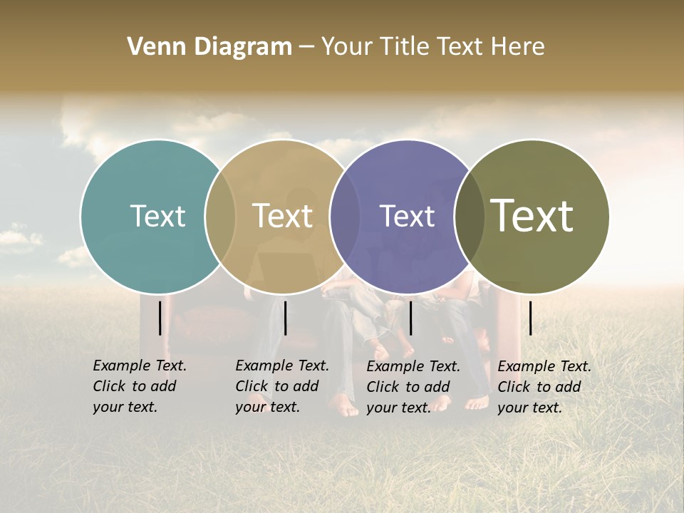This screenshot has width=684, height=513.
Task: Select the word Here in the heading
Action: coord(518,47)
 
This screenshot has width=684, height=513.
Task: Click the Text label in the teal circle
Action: coord(157,216)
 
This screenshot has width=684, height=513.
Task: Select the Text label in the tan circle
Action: coord(283,216)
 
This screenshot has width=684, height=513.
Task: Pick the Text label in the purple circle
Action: coord(407,216)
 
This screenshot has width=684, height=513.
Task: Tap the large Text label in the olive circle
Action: coord(532,215)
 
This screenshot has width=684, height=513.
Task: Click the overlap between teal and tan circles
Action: coord(220,217)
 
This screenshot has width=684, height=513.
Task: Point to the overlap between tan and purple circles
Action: coord(345,217)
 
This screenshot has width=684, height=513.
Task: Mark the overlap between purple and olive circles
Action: coord(470,217)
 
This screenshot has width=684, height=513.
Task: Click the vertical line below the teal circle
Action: coord(160,318)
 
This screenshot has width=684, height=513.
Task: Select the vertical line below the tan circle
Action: coord(285,318)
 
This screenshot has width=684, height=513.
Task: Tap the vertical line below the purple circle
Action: coord(410,318)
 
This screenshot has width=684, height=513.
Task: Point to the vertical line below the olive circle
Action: coord(530,318)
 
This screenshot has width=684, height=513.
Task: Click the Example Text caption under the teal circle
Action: coord(139,386)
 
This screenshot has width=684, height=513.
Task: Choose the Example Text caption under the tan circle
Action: coord(281,386)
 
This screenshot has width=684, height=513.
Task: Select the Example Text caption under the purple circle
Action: coord(413,387)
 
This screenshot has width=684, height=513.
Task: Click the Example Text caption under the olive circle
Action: coord(544,387)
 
